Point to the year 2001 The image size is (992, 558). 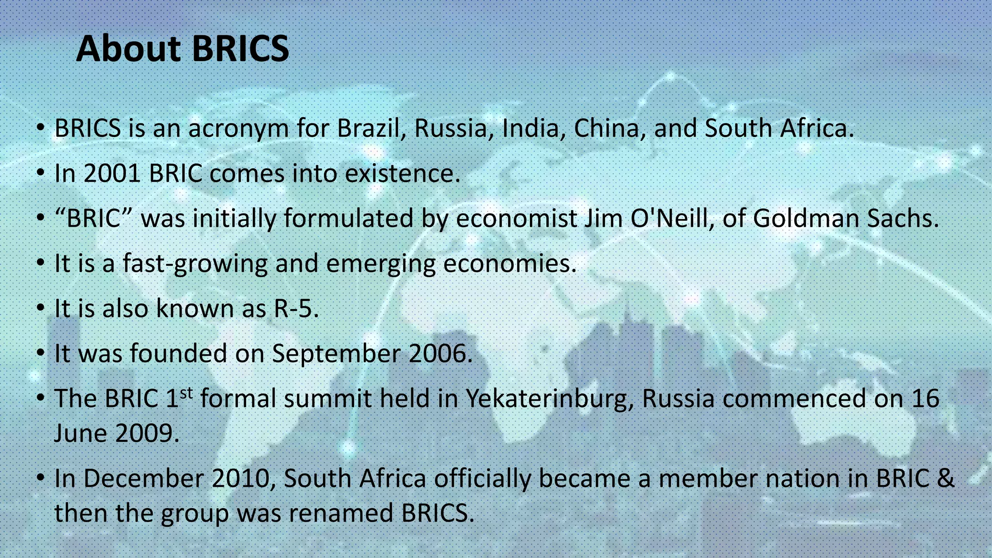pyautogui.click(x=112, y=173)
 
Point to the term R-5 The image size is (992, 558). pyautogui.click(x=296, y=309)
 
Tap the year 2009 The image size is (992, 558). pyautogui.click(x=147, y=433)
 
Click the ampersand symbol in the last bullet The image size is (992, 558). pyautogui.click(x=945, y=479)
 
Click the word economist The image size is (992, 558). pyautogui.click(x=516, y=218)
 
